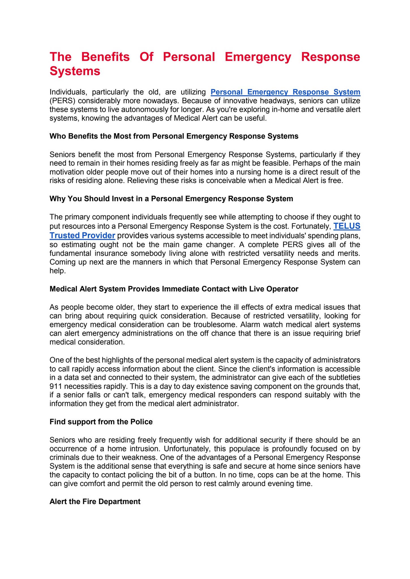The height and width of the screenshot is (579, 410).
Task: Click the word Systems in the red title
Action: pos(75,71)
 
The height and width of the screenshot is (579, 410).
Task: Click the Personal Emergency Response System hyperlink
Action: pos(285,92)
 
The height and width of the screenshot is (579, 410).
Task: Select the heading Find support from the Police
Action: pos(101,422)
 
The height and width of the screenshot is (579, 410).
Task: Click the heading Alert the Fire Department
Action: pos(95,501)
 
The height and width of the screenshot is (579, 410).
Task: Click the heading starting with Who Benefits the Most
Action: pos(174,136)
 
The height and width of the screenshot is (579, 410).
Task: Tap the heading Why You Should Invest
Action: pos(171,199)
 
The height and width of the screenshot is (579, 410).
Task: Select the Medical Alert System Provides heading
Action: pos(174,289)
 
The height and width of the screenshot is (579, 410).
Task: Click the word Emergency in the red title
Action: pos(258,57)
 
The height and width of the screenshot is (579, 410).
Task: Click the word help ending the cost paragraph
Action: pos(58,271)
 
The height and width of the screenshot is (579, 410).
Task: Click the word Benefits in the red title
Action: pos(106,57)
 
